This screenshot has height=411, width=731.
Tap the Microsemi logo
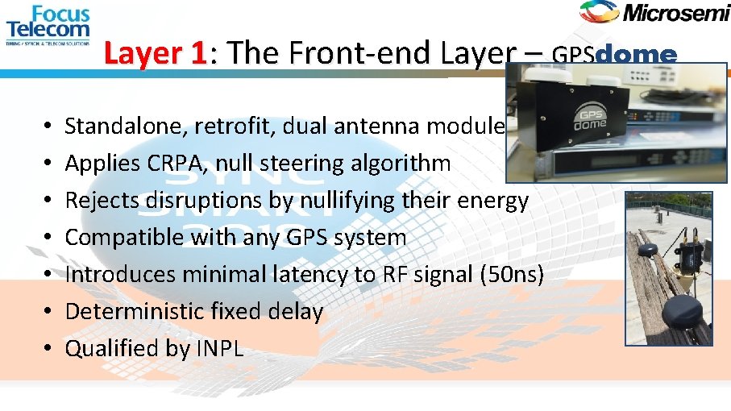coord(653,12)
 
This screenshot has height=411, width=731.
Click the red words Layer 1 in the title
coord(156,53)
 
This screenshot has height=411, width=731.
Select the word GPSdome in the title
coord(614,55)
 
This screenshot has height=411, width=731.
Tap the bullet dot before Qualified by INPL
coord(48,349)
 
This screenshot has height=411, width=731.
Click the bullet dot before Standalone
coord(48,127)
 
